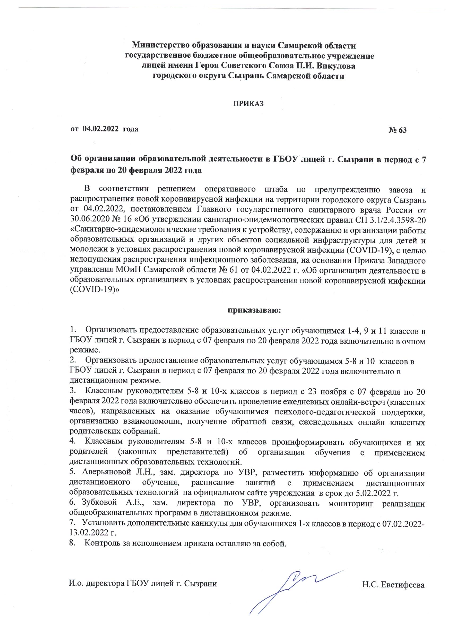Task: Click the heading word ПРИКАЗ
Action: [248, 104]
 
